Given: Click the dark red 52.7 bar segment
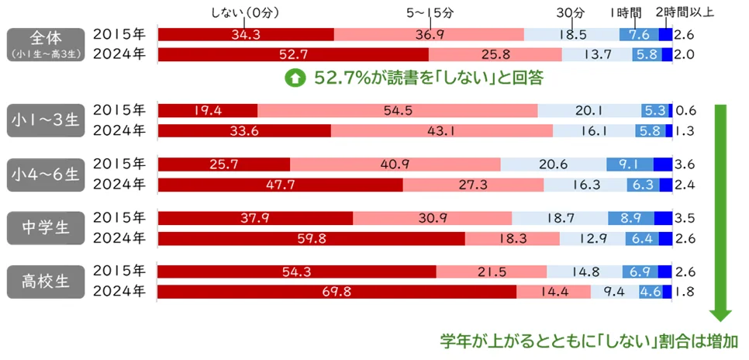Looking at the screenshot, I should coord(293,55).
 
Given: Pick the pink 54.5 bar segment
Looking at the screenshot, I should coord(397,110).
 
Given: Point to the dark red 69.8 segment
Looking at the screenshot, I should coord(337,292).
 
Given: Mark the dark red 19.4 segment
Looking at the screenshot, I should coord(207,110).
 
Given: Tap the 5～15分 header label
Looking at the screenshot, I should coord(430,12).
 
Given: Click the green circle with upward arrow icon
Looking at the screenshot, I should coord(295,78).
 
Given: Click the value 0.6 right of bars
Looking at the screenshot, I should coord(685,110).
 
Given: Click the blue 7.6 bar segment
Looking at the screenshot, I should coord(639,35).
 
